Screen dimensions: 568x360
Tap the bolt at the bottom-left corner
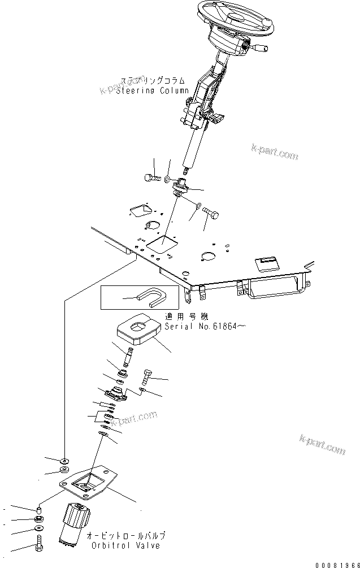pyautogui.click(x=39, y=545)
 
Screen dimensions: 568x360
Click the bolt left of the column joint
pyautogui.click(x=150, y=177)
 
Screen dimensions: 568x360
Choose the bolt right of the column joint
pyautogui.click(x=212, y=214)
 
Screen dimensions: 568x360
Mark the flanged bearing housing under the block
pyautogui.click(x=119, y=392)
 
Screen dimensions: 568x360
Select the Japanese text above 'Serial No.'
pyautogui.click(x=185, y=317)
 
